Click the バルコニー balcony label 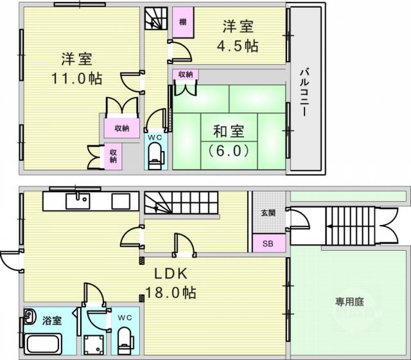coord(304,92)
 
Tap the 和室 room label coord(229,131)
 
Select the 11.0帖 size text coord(77,78)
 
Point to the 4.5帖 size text coord(238,46)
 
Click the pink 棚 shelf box coord(183,22)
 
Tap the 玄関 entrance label coord(268,213)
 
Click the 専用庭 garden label coord(349,301)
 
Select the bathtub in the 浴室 coord(44,343)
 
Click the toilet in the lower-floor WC coord(125,341)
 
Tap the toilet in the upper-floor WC coord(156,156)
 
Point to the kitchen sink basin coord(78,201)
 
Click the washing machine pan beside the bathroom coord(94,345)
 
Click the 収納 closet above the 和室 coord(186,75)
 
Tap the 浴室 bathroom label coord(52,321)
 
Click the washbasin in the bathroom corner coord(30,316)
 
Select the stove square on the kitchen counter coord(121,201)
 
